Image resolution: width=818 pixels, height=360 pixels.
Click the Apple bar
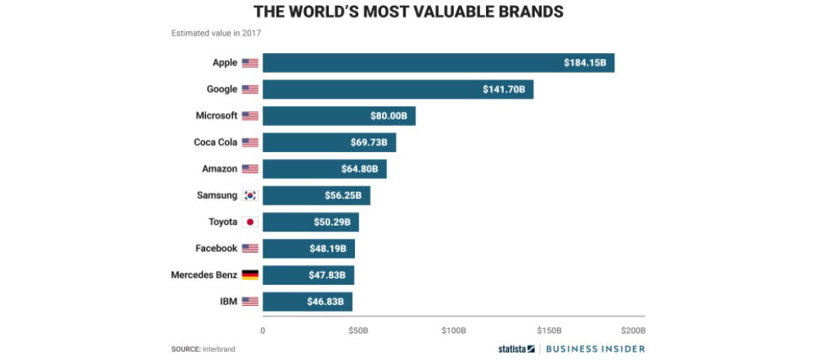[x=438, y=63]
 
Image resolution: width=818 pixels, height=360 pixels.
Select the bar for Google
[x=398, y=89]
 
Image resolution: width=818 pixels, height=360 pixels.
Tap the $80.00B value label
[x=389, y=116]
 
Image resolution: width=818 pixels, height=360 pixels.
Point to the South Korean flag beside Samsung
[x=250, y=196]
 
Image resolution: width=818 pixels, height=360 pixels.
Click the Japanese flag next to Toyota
[x=250, y=222]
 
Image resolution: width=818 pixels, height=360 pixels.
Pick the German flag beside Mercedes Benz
[x=250, y=275]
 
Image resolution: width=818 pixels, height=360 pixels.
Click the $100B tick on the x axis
[x=453, y=331]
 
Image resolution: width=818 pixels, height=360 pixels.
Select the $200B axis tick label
[x=633, y=331]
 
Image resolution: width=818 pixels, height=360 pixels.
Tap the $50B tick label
[x=358, y=331]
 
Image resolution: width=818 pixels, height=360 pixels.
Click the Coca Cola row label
[x=215, y=142]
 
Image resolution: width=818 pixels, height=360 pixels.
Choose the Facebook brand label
[x=215, y=248]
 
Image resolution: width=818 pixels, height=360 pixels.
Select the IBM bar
[x=307, y=301]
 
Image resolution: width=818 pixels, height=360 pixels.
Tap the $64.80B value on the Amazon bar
[x=361, y=169]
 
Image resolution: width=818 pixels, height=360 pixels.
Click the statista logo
[x=516, y=349]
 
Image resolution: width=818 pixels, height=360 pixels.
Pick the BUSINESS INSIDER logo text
[x=595, y=349]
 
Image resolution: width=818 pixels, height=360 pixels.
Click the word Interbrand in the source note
[x=219, y=349]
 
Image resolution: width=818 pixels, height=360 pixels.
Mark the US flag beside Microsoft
[x=250, y=116]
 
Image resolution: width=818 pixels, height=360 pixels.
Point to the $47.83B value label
[x=329, y=275]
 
